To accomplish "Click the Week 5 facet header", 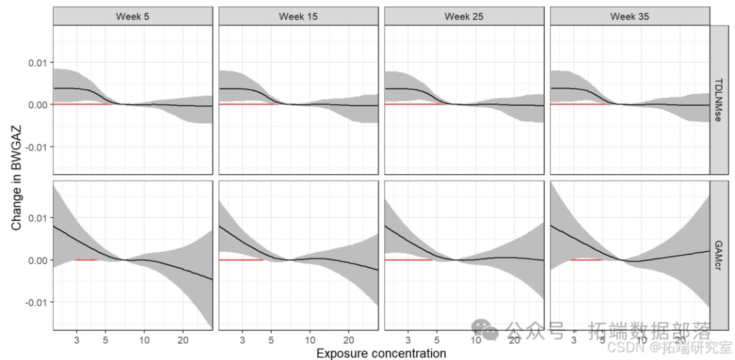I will [x=132, y=16].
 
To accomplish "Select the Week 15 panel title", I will [x=298, y=16].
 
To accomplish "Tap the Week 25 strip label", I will [x=464, y=16].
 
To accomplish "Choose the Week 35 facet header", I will [x=630, y=16].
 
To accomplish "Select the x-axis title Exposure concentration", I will [x=381, y=353].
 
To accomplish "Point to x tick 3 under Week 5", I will [x=77, y=339].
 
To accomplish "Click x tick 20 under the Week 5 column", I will [x=183, y=339].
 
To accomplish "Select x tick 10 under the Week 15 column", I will [x=310, y=339].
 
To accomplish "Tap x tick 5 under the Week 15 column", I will [x=272, y=339].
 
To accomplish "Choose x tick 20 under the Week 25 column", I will [x=514, y=339].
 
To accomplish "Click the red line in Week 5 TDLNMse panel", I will [x=82, y=104].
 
